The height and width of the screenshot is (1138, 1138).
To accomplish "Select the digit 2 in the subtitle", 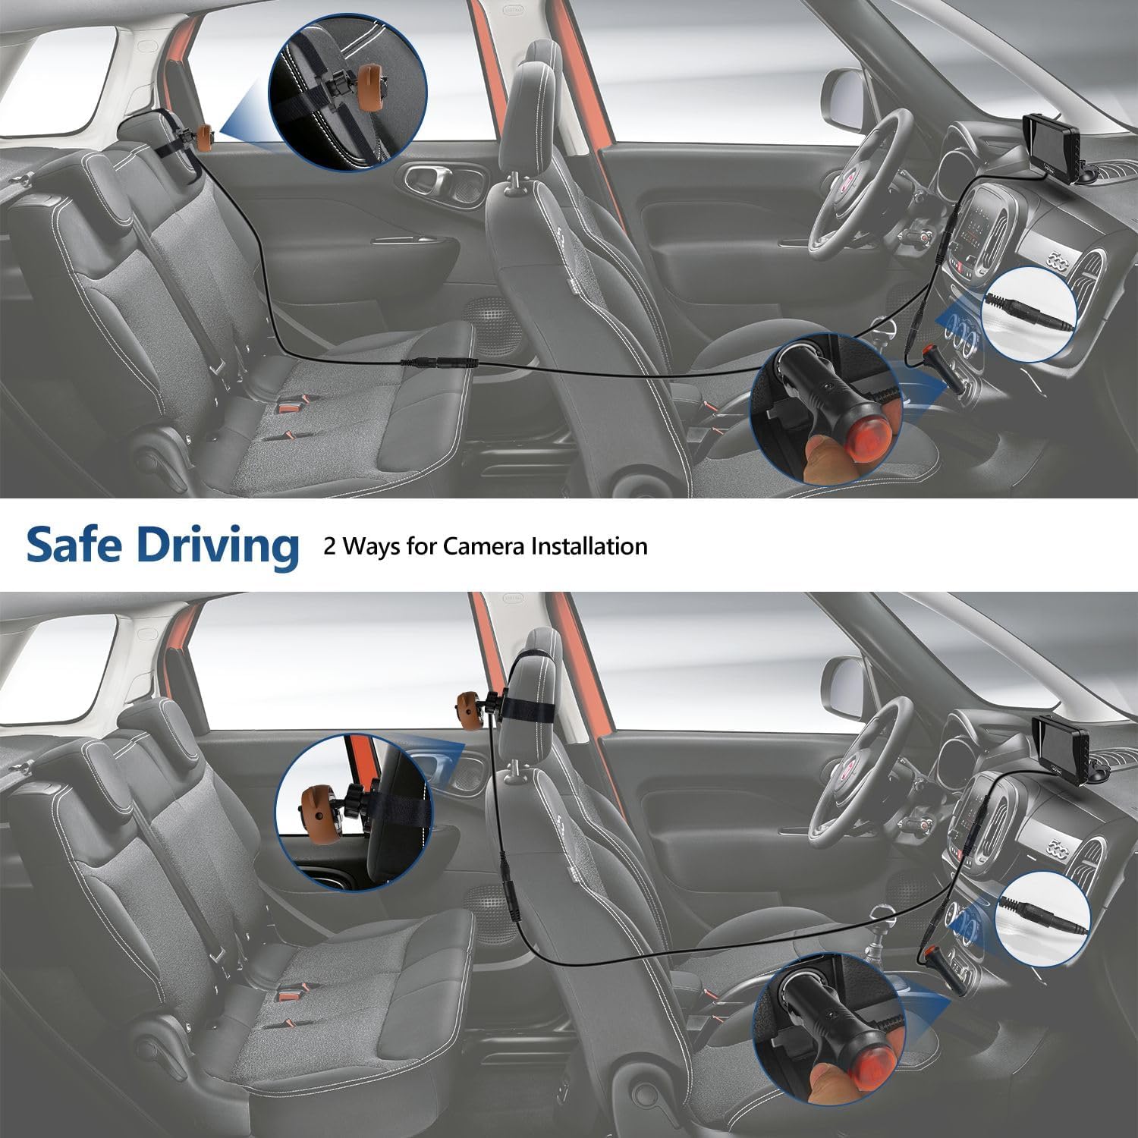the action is tap(329, 546).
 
